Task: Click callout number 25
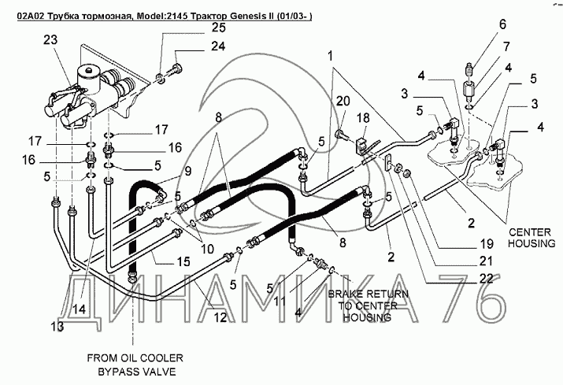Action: coord(218,28)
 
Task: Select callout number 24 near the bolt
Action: coord(218,46)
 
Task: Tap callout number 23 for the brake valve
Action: coord(50,39)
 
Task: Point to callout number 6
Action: coord(502,24)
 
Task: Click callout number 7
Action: coord(506,46)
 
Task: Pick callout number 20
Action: coord(343,101)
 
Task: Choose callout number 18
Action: coord(363,118)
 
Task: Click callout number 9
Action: coord(188,172)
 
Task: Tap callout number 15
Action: coord(183,261)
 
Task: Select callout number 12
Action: coord(220,317)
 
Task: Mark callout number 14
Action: coord(80,309)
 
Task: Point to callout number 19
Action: coord(487,244)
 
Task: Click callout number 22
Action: coord(486,279)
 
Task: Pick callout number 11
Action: coord(280,301)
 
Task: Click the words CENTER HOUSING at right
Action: coord(532,238)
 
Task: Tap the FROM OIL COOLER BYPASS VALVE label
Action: coord(135,365)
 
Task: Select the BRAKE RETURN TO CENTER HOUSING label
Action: coord(368,305)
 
